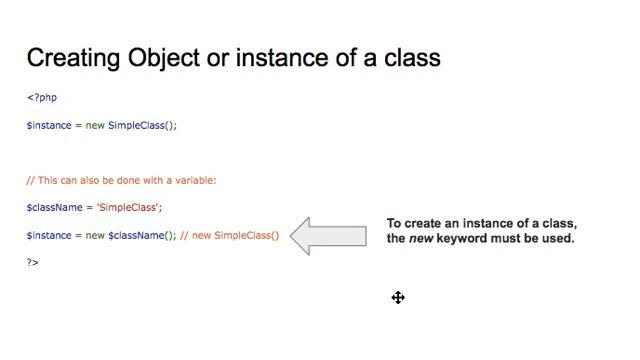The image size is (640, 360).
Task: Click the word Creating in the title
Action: click(74, 58)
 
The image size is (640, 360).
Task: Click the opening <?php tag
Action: click(42, 98)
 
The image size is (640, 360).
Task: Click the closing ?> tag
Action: click(33, 262)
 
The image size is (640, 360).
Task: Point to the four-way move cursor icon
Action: click(398, 297)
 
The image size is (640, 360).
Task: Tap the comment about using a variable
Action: click(121, 181)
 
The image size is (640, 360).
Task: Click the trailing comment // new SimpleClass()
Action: click(230, 236)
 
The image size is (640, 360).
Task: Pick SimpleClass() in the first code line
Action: click(142, 126)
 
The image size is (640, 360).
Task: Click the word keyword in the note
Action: click(465, 239)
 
